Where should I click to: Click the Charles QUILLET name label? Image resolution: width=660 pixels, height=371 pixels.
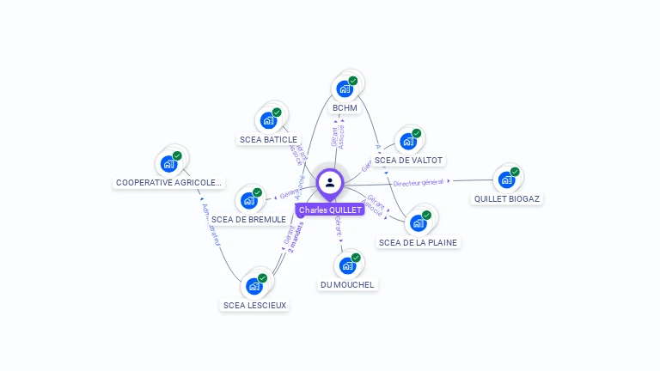click(330, 210)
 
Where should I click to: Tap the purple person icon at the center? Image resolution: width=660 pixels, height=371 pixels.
click(330, 183)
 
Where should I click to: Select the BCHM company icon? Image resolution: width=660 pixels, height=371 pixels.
click(345, 88)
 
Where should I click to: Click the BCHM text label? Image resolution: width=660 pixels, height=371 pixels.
click(345, 107)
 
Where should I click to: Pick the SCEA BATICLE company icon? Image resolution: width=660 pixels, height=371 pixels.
click(269, 120)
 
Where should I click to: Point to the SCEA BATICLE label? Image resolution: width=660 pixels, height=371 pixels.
click(268, 139)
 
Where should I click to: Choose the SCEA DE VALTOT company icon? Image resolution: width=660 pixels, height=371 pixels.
click(408, 141)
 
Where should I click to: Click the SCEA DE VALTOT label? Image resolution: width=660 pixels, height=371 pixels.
click(409, 160)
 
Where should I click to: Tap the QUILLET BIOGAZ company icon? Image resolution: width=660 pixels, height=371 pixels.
click(507, 179)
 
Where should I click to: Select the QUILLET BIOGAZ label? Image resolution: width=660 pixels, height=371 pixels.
click(507, 198)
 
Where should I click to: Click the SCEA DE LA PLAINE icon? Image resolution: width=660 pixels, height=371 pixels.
click(419, 223)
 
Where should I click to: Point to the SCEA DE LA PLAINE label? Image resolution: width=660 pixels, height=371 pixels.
click(419, 242)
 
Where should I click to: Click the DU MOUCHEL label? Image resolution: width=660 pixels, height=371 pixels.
click(347, 284)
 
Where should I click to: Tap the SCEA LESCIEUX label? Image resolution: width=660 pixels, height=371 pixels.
click(254, 305)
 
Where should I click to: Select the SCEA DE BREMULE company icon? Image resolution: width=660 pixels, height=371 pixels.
click(249, 201)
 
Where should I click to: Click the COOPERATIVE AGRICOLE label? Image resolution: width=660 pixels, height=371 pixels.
click(169, 182)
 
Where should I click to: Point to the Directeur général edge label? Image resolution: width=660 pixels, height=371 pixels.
click(419, 182)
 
